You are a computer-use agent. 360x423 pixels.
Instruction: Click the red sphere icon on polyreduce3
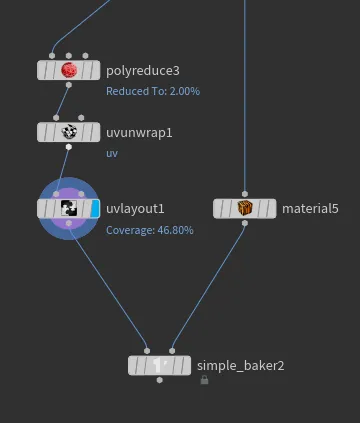point(69,70)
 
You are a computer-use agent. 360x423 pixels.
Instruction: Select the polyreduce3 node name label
point(143,71)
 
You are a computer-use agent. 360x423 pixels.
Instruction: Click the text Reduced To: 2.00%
point(153,91)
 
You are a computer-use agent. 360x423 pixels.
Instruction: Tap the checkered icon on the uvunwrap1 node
point(69,132)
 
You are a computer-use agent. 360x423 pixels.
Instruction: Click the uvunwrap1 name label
point(139,133)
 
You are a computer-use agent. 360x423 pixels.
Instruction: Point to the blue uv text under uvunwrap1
point(112,153)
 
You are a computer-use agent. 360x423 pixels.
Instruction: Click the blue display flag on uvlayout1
point(95,209)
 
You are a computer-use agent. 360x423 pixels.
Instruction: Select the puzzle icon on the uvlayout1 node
point(69,209)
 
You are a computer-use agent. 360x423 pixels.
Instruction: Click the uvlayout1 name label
point(135,209)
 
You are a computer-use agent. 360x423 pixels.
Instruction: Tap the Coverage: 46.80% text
point(150,230)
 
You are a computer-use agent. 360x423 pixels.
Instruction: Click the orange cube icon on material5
point(245,209)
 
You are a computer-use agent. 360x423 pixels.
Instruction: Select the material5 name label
point(310,209)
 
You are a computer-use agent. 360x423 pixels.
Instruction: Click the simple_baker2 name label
point(240,366)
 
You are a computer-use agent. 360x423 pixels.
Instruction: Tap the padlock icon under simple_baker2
point(204,380)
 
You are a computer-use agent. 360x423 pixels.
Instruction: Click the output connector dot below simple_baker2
point(160,380)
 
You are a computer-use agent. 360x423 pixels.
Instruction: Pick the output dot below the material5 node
point(245,223)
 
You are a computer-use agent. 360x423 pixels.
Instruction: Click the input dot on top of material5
point(245,194)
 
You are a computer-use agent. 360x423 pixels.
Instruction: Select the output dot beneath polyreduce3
point(69,85)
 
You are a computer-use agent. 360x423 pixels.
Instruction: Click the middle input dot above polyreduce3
point(69,56)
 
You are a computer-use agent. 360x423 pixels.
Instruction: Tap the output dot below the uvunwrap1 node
point(69,147)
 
